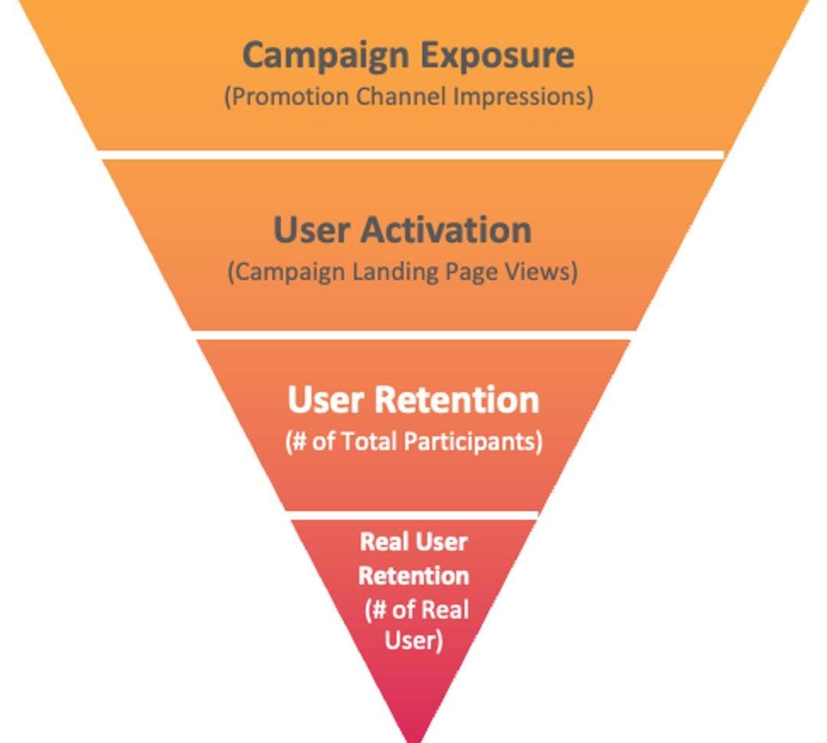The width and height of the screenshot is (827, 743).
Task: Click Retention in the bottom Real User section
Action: click(x=413, y=575)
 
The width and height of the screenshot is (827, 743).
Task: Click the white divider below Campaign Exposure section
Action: click(x=412, y=155)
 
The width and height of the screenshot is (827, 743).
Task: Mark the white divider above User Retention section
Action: click(x=413, y=335)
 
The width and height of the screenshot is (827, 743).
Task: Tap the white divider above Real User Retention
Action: click(x=413, y=515)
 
